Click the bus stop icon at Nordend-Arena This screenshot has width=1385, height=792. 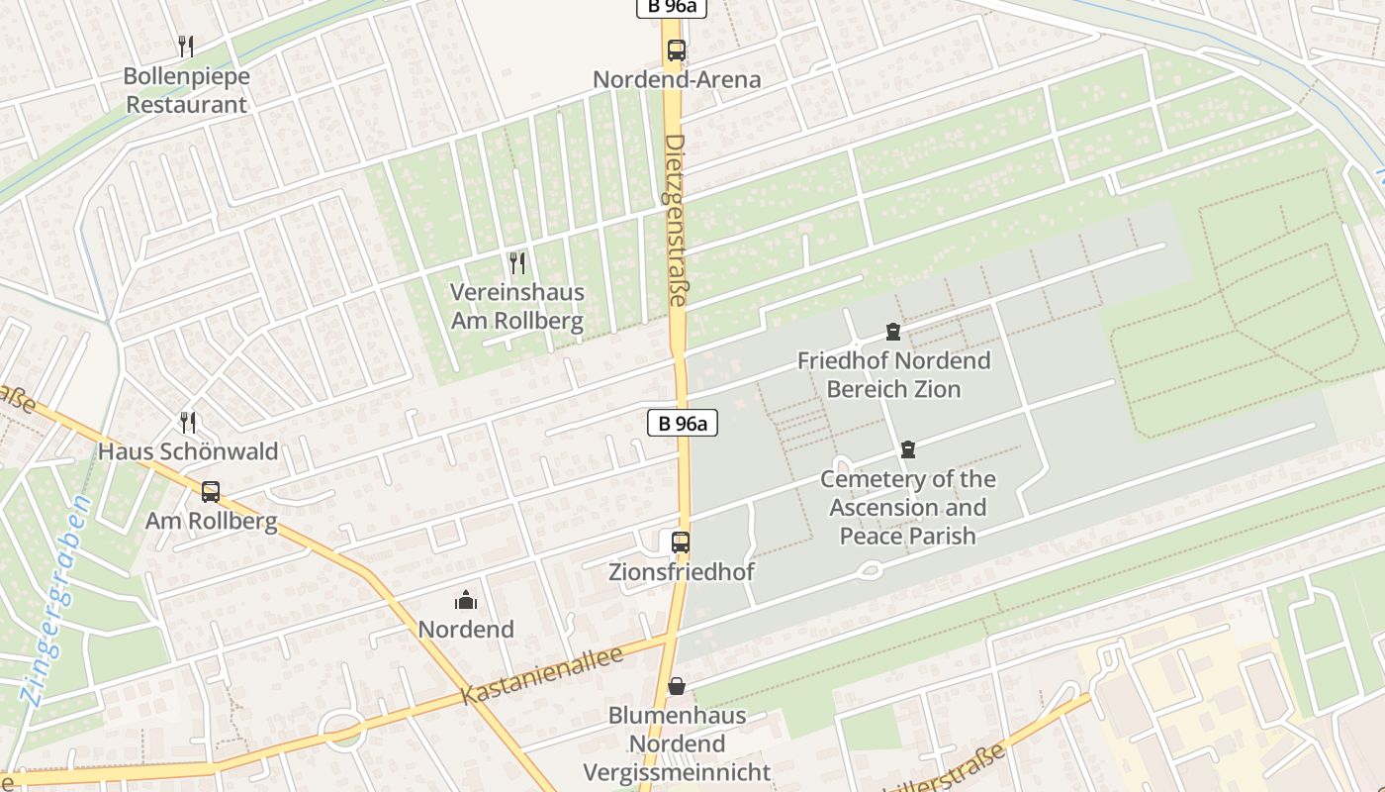(x=677, y=49)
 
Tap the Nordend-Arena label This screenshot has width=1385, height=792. (x=677, y=79)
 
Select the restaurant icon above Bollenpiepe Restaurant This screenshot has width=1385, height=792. (x=185, y=46)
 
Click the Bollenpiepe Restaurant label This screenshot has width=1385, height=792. (x=187, y=90)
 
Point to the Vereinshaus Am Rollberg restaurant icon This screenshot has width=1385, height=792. (x=516, y=262)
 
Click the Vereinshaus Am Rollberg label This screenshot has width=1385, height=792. (x=517, y=307)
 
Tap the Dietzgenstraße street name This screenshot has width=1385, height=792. (x=676, y=220)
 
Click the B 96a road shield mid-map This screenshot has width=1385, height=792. (x=682, y=424)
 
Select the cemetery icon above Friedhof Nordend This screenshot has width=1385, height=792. (x=893, y=332)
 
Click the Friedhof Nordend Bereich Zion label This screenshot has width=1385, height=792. (x=893, y=375)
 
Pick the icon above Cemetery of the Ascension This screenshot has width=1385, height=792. (x=907, y=450)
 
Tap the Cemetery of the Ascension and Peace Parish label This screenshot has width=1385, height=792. (x=908, y=507)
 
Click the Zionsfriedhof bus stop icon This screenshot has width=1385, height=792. (x=681, y=543)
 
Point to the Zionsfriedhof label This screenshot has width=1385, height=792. (x=682, y=572)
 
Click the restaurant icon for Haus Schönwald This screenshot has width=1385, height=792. (x=188, y=423)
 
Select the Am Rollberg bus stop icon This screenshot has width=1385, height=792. (x=211, y=492)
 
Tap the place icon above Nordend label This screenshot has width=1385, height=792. (x=466, y=600)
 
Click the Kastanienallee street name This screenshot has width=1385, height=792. (x=542, y=675)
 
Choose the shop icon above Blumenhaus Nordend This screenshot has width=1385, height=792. (x=677, y=686)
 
